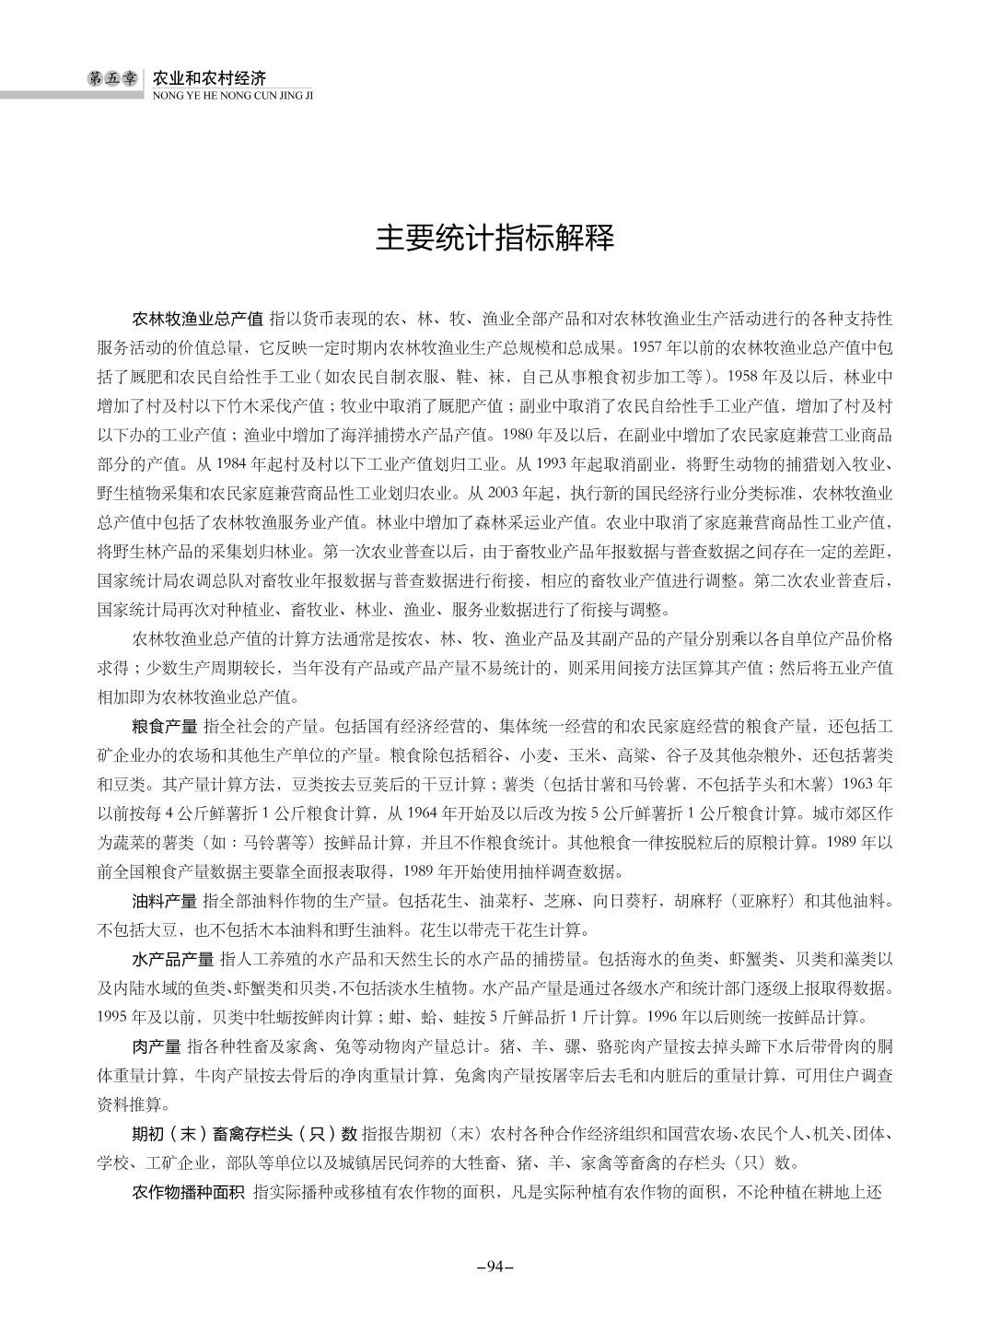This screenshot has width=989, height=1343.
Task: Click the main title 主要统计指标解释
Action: (x=494, y=239)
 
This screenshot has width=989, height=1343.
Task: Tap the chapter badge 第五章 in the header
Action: (x=111, y=79)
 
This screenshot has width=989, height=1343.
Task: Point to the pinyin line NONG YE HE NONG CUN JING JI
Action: (x=231, y=94)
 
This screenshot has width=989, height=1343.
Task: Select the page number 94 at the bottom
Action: (x=494, y=1266)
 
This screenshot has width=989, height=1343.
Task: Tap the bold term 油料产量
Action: (x=164, y=900)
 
